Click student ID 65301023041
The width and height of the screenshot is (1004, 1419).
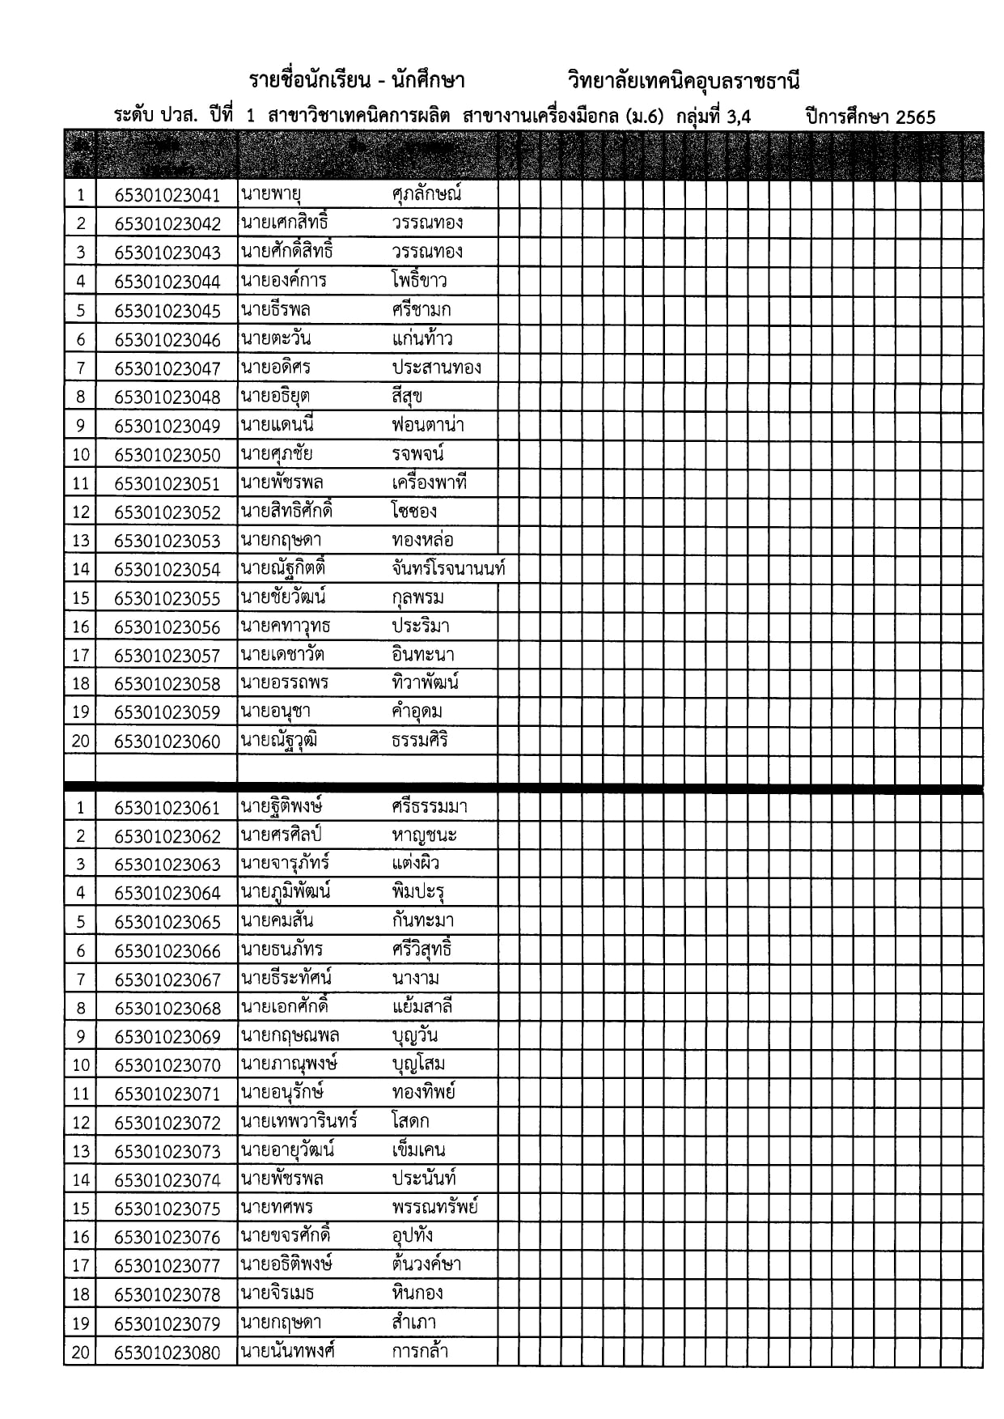coord(167,195)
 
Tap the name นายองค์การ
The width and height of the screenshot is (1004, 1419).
coord(283,281)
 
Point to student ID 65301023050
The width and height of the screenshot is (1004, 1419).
coord(167,455)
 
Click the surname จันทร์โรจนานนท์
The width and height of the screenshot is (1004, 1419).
coord(448,569)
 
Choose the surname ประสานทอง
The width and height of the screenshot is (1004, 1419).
coord(436,367)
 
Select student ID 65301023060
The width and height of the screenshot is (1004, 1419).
coord(167,741)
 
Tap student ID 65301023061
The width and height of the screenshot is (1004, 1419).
coord(167,808)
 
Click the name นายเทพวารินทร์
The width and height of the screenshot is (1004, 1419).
coord(299,1122)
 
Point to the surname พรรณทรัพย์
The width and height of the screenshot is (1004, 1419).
coord(434,1208)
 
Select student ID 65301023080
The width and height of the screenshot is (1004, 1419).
coord(167,1353)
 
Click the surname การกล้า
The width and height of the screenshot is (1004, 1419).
coord(420,1351)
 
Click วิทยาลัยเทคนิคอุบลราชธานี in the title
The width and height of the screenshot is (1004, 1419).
coord(684,81)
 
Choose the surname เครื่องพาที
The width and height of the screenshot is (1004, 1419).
coord(430,483)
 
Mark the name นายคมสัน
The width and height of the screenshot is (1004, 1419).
coord(277,921)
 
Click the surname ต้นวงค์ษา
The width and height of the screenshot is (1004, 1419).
coord(426,1264)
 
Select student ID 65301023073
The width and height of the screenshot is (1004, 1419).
coord(167,1152)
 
